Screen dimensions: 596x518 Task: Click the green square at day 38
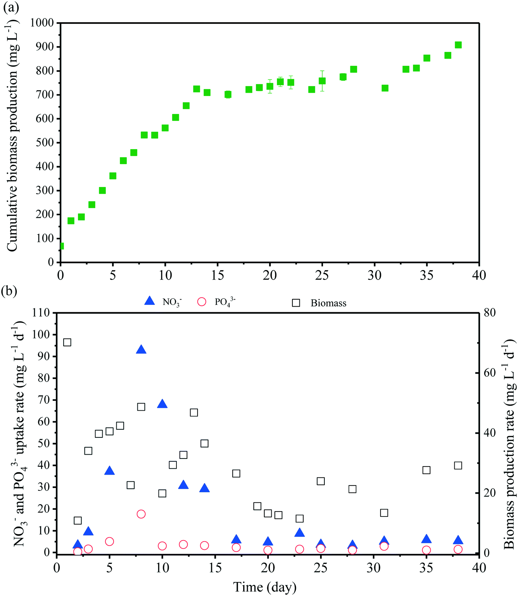(458, 45)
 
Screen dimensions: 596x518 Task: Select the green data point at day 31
(385, 88)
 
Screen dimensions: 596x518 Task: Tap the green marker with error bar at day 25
(322, 81)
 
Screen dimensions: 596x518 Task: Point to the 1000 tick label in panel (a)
(42, 23)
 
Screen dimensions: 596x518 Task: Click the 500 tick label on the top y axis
(45, 143)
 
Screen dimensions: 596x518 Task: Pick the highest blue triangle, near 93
(141, 350)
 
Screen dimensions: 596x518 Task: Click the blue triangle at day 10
(162, 404)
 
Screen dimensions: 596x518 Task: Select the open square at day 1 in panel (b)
(67, 342)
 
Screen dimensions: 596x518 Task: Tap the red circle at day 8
(141, 514)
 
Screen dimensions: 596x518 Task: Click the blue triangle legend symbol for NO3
(150, 301)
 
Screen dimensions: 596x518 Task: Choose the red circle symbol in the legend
(202, 302)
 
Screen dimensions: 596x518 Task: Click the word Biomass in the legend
(328, 303)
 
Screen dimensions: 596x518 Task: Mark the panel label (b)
(9, 291)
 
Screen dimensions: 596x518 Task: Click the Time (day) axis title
(265, 587)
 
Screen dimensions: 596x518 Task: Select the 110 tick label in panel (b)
(41, 313)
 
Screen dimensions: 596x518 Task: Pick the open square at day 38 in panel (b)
(458, 466)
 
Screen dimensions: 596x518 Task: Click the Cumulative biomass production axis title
(12, 135)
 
